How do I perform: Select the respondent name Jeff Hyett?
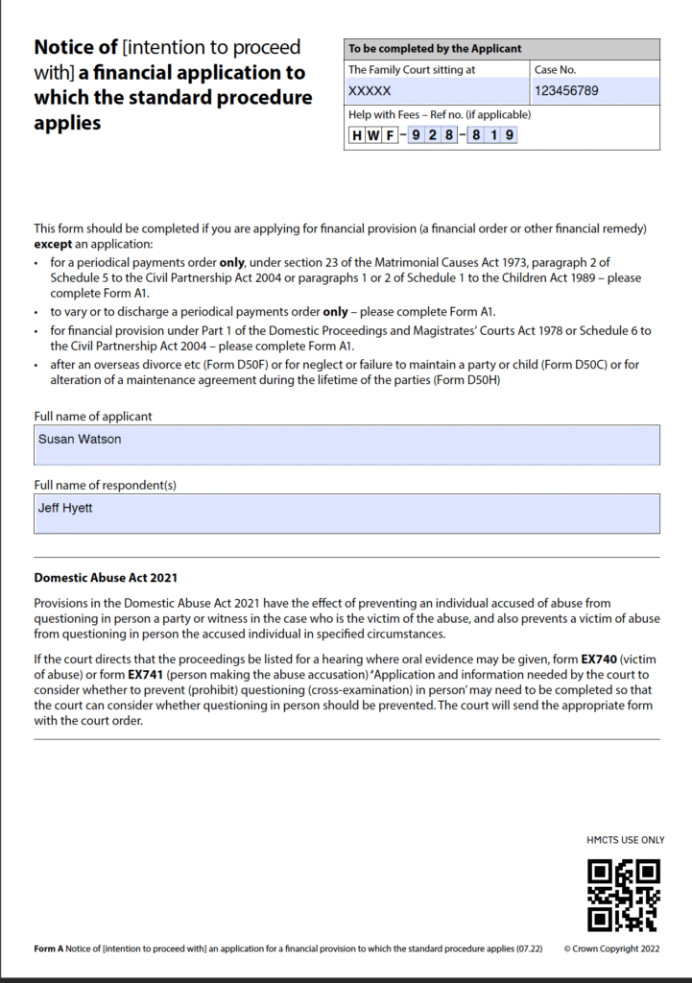(x=65, y=507)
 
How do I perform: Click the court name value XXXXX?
(x=370, y=91)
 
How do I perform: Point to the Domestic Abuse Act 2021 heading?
(x=106, y=578)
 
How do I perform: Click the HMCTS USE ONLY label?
(x=625, y=840)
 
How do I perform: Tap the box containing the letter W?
(x=373, y=135)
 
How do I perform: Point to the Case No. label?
(x=556, y=69)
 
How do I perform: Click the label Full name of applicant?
(x=93, y=417)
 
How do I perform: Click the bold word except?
(x=54, y=244)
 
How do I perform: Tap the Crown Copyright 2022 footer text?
(x=611, y=948)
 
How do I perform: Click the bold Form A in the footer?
(x=48, y=948)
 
